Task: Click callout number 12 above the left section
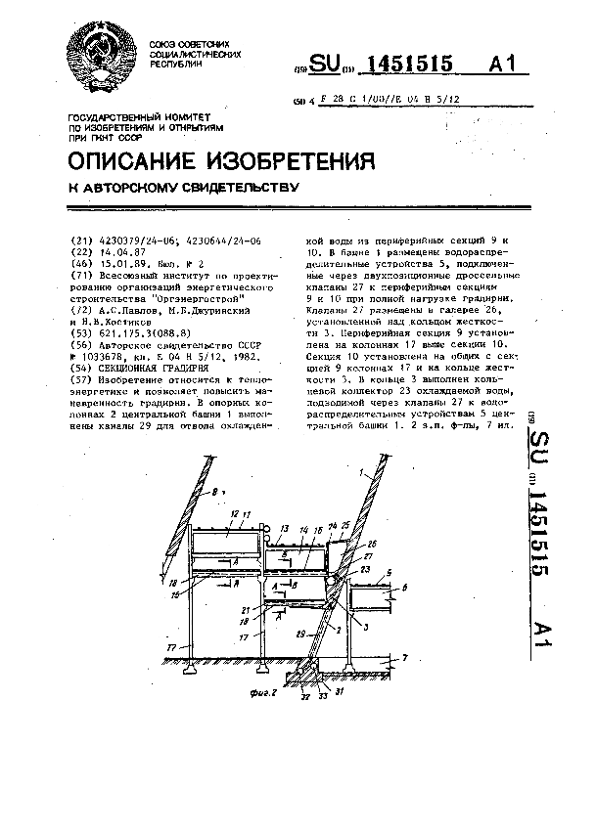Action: point(234,512)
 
